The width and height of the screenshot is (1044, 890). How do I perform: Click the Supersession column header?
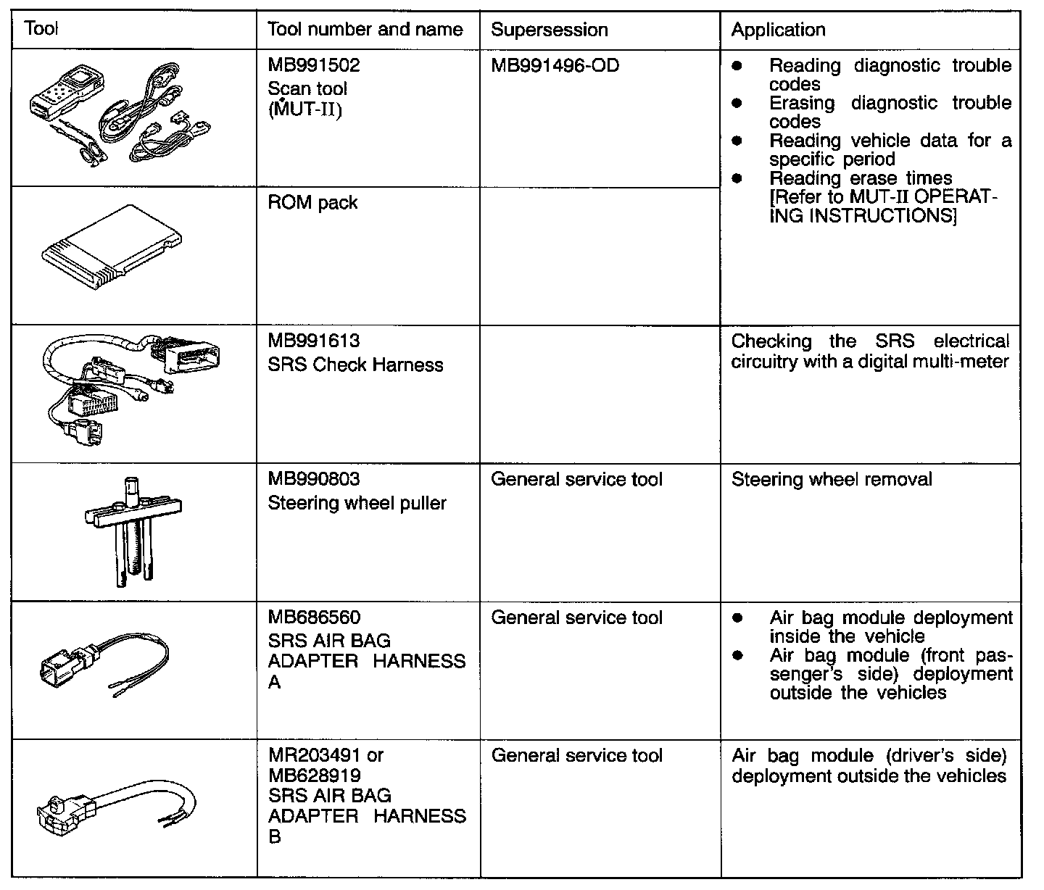pyautogui.click(x=549, y=30)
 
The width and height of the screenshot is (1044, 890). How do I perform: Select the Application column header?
pyautogui.click(x=778, y=30)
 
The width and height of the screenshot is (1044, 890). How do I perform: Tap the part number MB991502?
pyautogui.click(x=313, y=66)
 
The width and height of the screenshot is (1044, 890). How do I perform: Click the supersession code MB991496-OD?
pyautogui.click(x=555, y=66)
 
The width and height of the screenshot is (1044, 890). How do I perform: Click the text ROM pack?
pyautogui.click(x=312, y=202)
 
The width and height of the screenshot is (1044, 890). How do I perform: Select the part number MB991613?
pyautogui.click(x=313, y=341)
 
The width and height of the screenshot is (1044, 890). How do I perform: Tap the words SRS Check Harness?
pyautogui.click(x=355, y=365)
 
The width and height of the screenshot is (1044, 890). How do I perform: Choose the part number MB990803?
pyautogui.click(x=313, y=479)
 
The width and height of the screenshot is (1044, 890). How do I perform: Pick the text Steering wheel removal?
pyautogui.click(x=832, y=479)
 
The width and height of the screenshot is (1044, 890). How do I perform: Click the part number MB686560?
pyautogui.click(x=313, y=617)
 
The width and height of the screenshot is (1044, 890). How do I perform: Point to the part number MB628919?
pyautogui.click(x=314, y=775)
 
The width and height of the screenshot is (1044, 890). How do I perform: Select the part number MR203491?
pyautogui.click(x=314, y=755)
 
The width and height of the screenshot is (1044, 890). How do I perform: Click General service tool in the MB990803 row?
pyautogui.click(x=576, y=479)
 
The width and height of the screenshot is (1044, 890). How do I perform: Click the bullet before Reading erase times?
pyautogui.click(x=737, y=178)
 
